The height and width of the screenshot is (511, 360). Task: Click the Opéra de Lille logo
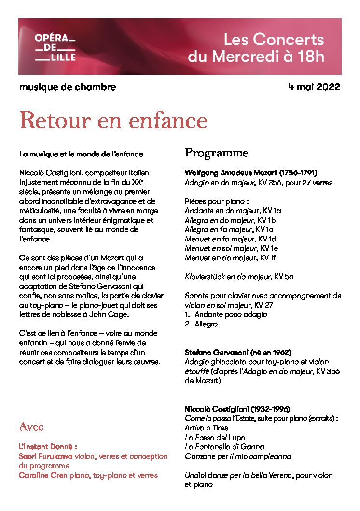(x=55, y=47)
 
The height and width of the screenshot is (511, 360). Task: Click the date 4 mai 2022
(x=314, y=87)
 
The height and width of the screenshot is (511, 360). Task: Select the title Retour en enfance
(x=113, y=120)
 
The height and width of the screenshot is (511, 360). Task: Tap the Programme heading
(x=216, y=153)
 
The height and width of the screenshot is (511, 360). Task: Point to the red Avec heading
(x=31, y=426)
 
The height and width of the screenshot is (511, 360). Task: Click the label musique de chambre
(x=68, y=87)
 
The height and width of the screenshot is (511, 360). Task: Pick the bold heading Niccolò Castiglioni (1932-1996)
(x=237, y=409)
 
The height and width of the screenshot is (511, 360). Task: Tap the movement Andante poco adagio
(x=231, y=314)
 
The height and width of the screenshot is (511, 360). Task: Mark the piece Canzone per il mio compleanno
(x=238, y=456)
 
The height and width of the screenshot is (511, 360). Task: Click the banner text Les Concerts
(x=274, y=40)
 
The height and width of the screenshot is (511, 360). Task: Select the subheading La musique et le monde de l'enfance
(x=81, y=154)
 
